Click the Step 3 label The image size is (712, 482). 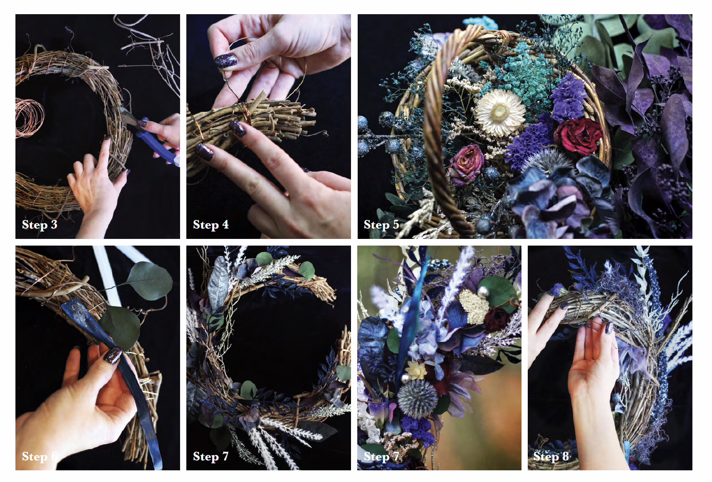(40, 224)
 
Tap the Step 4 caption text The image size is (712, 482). (211, 224)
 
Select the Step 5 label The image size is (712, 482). (381, 224)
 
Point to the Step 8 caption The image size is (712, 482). (551, 456)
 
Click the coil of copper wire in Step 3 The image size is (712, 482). (29, 117)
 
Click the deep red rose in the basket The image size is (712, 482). (579, 136)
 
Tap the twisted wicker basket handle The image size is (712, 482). (445, 127)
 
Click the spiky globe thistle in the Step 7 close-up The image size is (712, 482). (417, 398)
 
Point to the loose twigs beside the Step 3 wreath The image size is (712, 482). (149, 54)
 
